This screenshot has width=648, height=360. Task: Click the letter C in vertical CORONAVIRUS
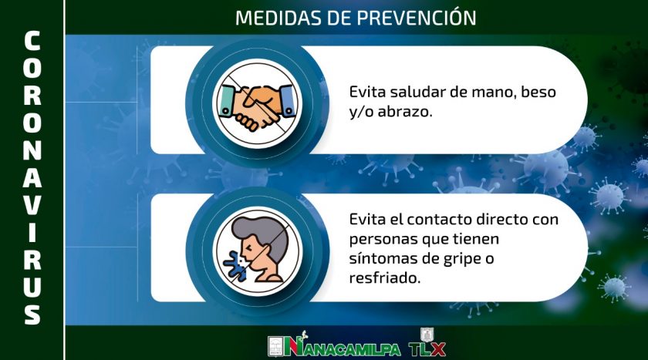(32, 41)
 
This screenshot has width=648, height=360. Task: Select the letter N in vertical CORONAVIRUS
(32, 150)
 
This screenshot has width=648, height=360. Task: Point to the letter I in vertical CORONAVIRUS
(32, 233)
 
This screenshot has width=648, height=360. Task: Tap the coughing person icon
(257, 251)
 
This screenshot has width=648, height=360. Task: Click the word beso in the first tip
(538, 92)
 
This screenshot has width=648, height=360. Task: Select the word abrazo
(404, 112)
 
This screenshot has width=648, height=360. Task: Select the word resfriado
(384, 278)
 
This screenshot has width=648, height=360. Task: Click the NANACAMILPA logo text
(343, 347)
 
